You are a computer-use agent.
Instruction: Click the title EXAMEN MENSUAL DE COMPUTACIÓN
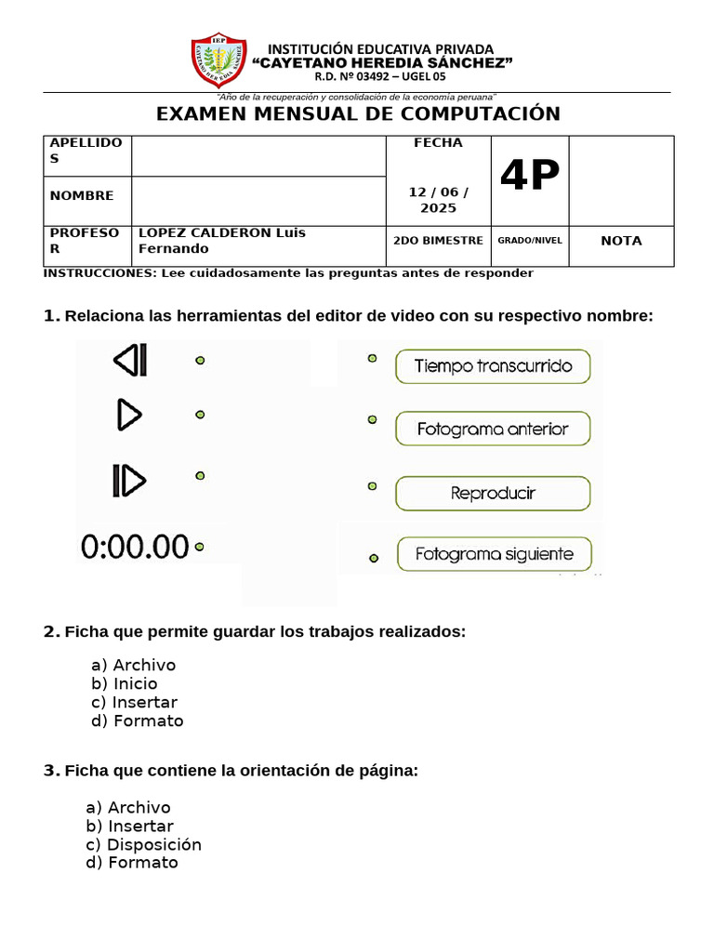358,114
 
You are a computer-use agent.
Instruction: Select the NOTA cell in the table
621,241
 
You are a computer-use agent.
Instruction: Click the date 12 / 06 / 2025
438,199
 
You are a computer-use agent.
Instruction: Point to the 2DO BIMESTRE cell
438,241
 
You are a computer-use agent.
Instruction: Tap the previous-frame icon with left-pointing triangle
130,360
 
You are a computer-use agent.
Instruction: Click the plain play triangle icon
129,415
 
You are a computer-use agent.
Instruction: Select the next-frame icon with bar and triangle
129,480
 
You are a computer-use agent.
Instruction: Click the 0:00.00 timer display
135,547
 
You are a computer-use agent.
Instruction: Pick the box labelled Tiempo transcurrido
493,366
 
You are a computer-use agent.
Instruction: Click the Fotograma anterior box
493,430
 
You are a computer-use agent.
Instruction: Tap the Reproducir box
493,494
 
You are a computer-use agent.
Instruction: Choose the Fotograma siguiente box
494,555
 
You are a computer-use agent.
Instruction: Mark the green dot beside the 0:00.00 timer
199,547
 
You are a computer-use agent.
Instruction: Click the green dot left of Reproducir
372,486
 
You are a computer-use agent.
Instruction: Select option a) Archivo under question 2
133,665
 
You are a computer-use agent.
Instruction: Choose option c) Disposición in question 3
143,845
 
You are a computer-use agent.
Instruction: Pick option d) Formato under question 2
137,721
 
